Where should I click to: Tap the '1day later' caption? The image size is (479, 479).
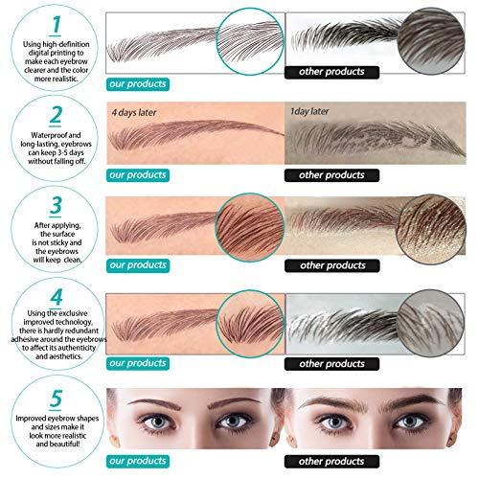315,111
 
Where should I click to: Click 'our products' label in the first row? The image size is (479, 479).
138,83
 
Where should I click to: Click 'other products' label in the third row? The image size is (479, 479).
328,264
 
